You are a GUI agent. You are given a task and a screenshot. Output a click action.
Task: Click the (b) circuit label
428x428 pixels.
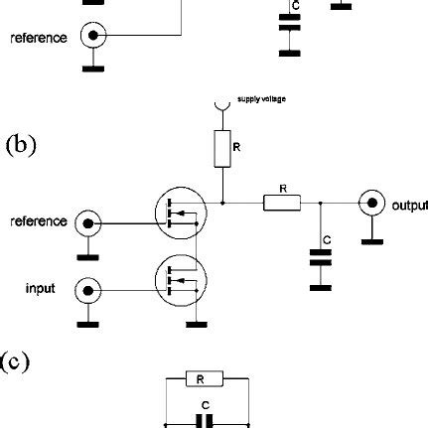pyautogui.click(x=21, y=146)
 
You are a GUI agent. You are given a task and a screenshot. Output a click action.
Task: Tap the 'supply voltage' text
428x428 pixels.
pyautogui.click(x=259, y=99)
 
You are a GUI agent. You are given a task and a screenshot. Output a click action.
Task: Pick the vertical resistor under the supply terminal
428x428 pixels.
pyautogui.click(x=223, y=150)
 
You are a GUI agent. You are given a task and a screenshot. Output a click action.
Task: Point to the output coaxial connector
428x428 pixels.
pyautogui.click(x=372, y=203)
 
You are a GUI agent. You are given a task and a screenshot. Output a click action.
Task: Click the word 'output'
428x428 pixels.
pyautogui.click(x=408, y=207)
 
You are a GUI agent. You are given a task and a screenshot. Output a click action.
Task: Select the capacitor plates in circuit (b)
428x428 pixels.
pyautogui.click(x=320, y=259)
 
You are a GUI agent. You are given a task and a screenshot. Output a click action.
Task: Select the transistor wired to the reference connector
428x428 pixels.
pyautogui.click(x=180, y=217)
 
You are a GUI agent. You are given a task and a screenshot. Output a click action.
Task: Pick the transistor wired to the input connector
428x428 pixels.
pyautogui.click(x=180, y=285)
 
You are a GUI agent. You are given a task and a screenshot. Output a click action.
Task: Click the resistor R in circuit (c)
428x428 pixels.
pyautogui.click(x=204, y=378)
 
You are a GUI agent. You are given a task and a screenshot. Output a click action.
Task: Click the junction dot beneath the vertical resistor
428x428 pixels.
pyautogui.click(x=223, y=203)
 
